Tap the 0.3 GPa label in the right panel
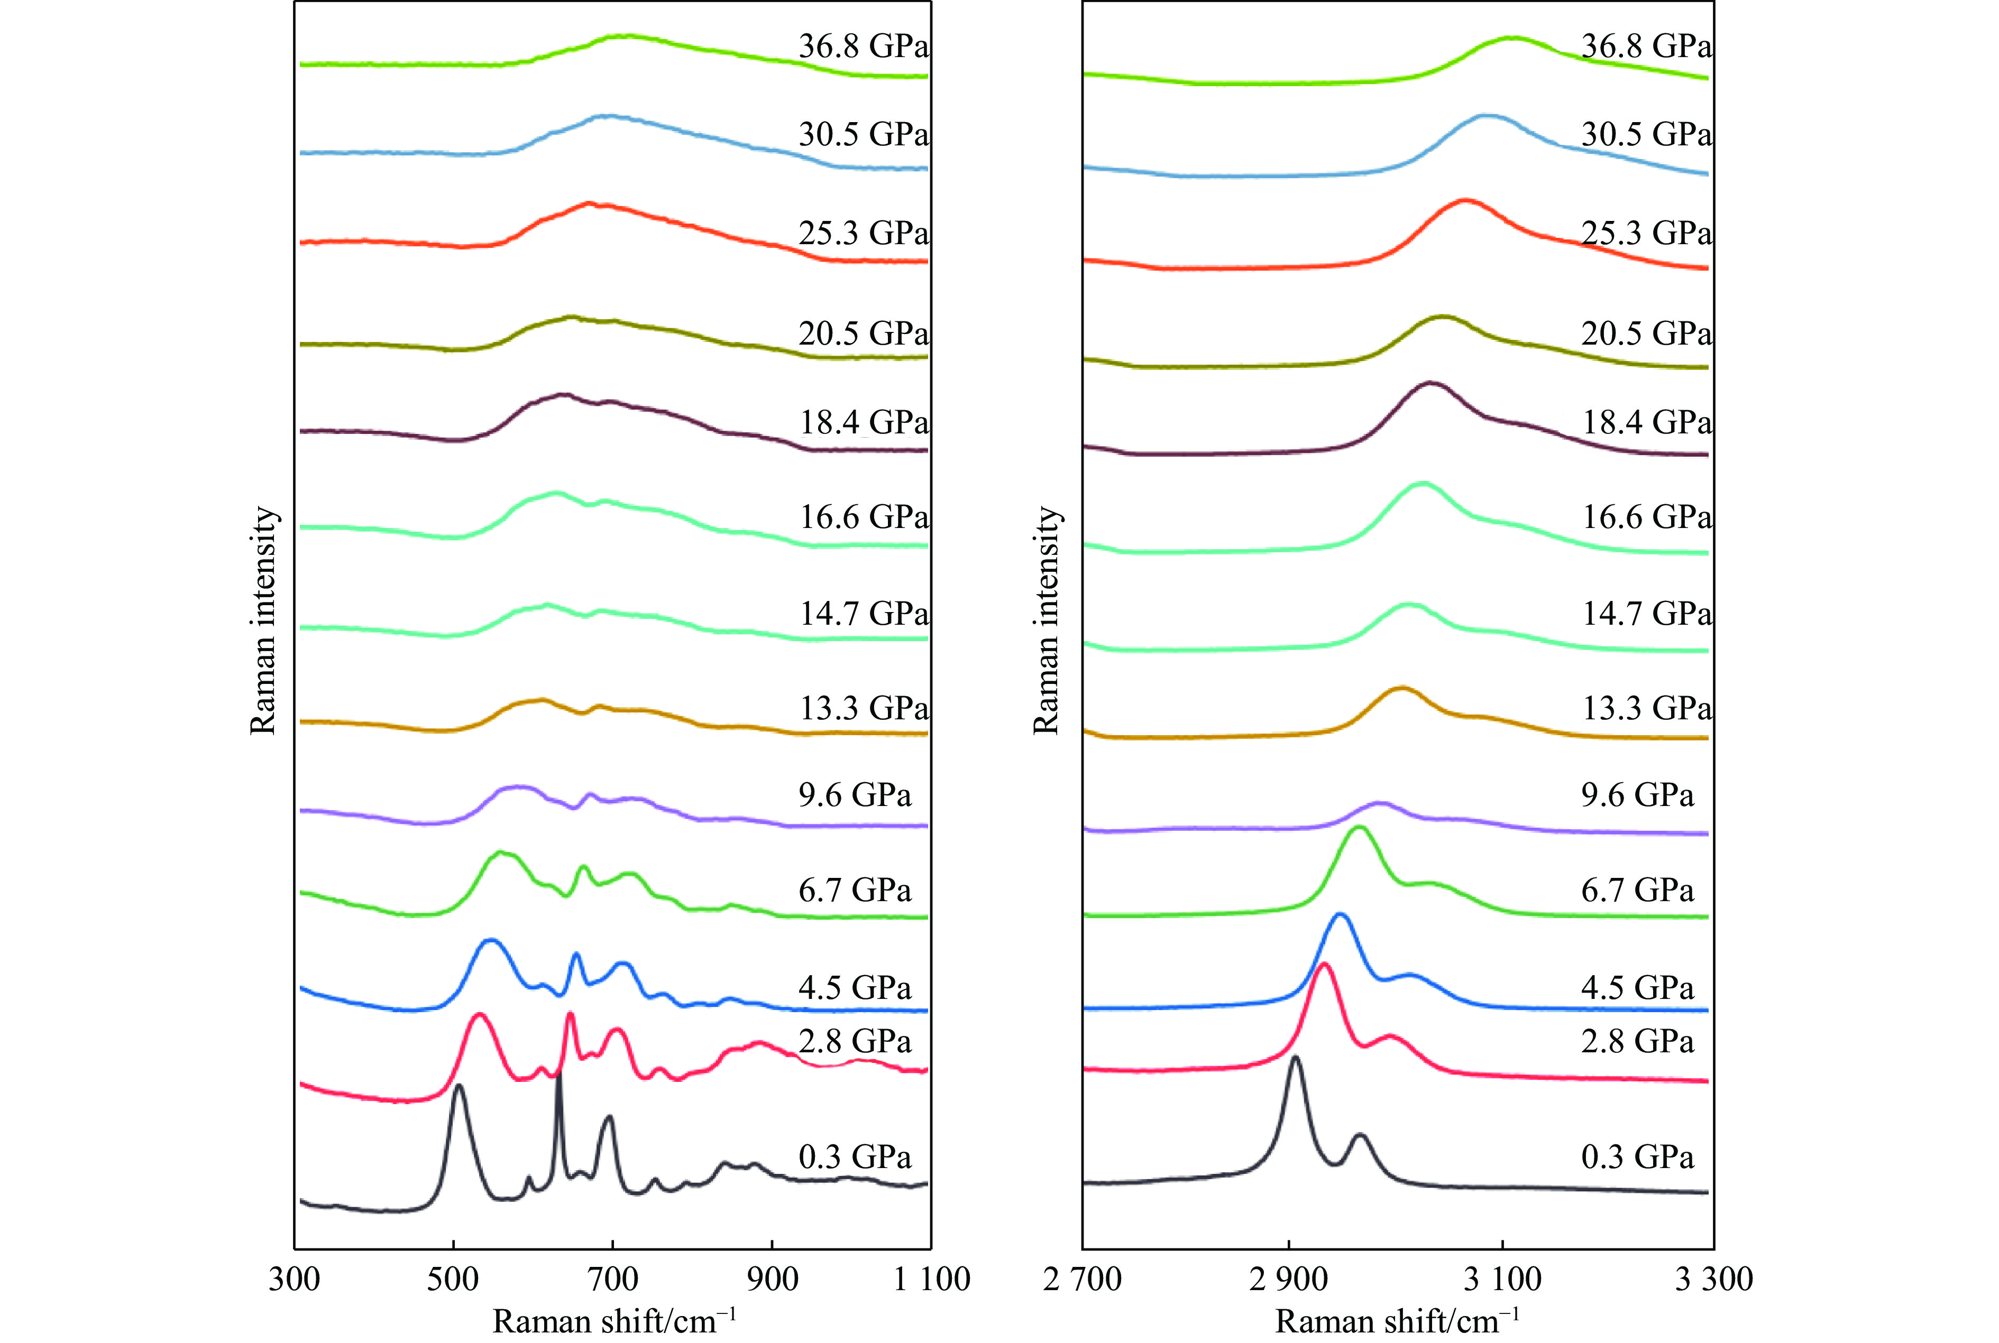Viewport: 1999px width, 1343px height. click(x=1637, y=1157)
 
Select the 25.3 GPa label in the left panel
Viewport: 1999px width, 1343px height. click(x=863, y=233)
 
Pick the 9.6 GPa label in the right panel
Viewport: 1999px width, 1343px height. click(x=1637, y=795)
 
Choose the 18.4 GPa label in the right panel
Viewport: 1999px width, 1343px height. click(x=1646, y=422)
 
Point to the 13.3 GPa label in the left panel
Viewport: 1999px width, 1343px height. click(x=864, y=708)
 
